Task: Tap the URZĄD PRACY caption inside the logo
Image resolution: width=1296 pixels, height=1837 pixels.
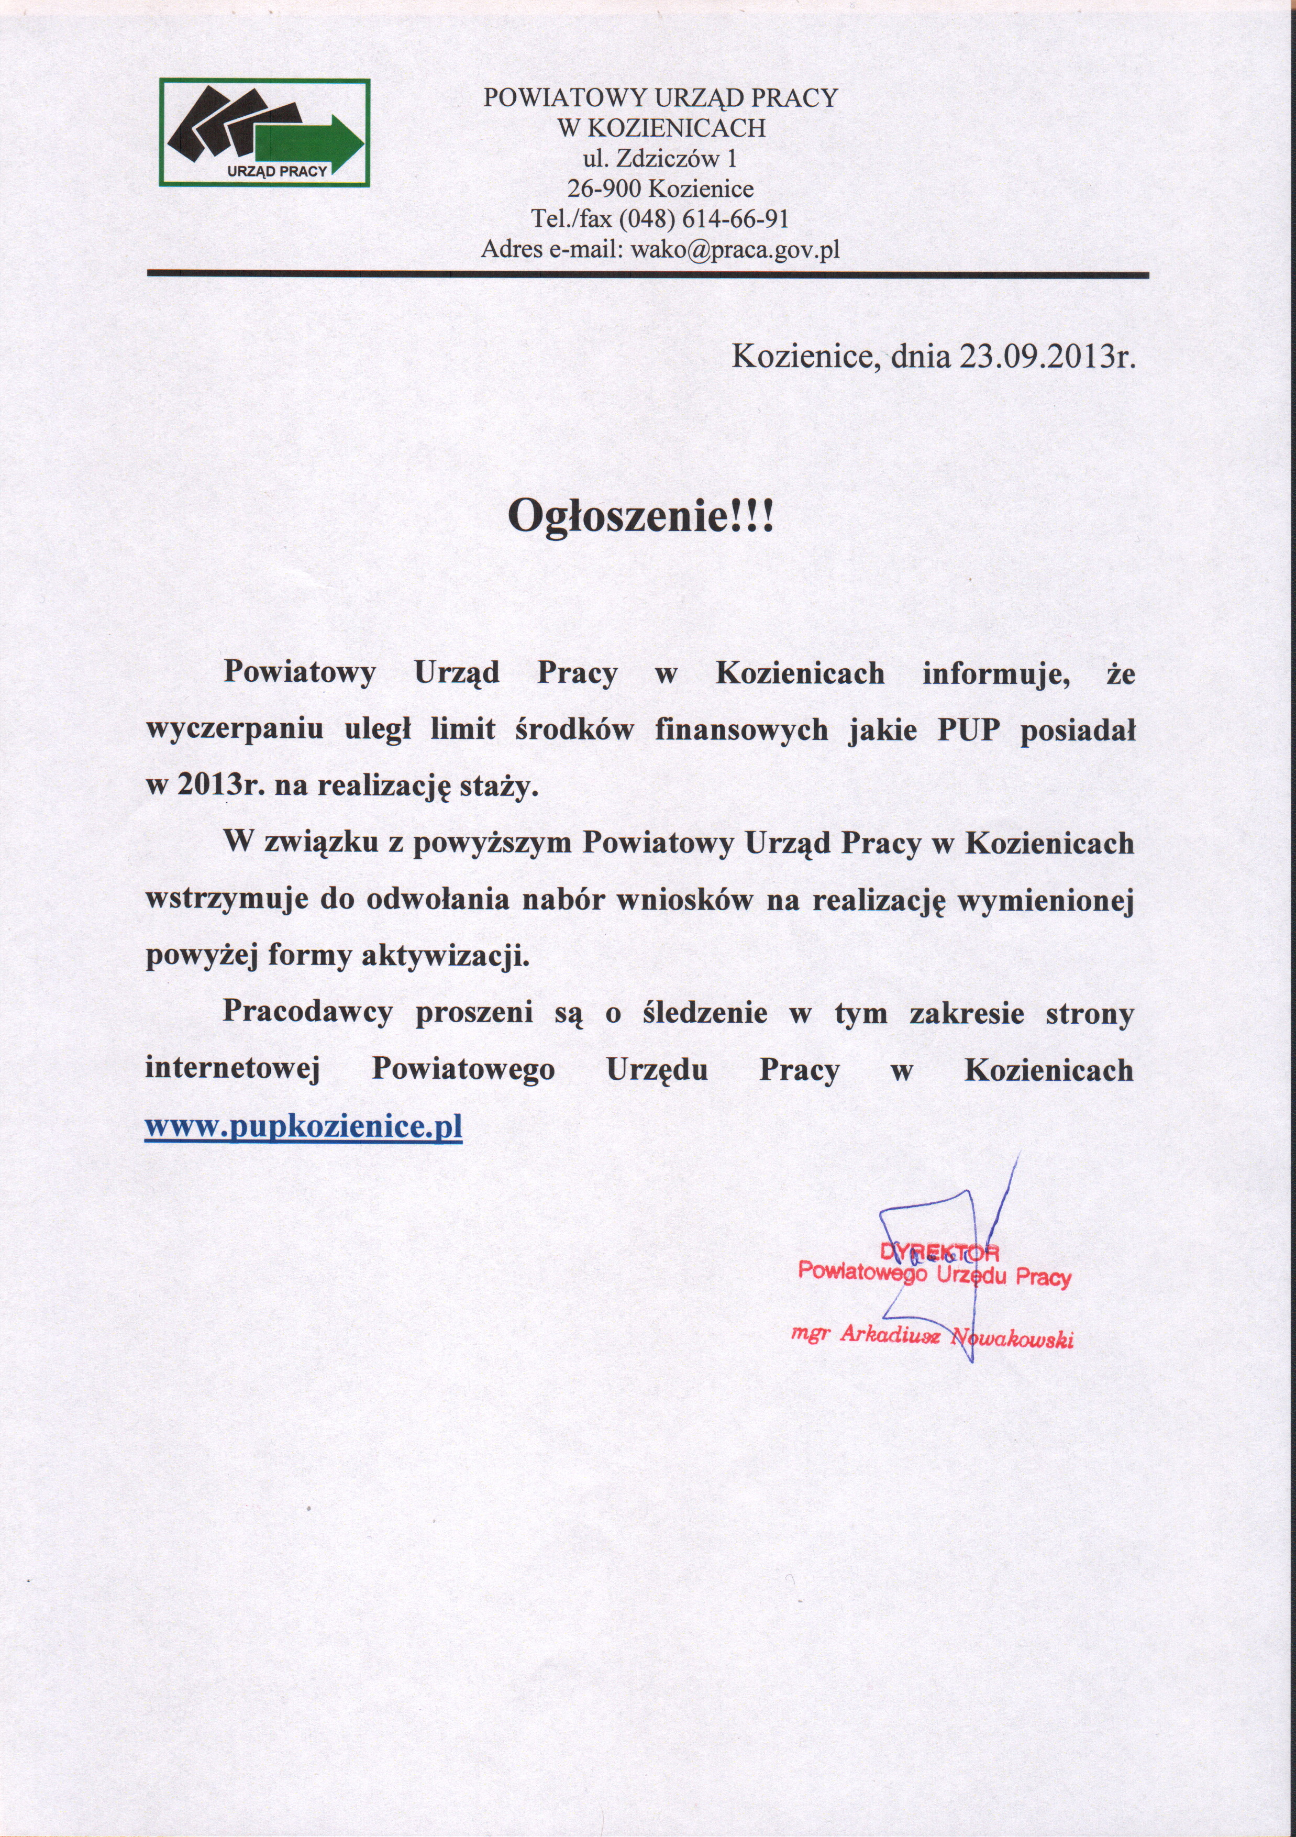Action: click(278, 171)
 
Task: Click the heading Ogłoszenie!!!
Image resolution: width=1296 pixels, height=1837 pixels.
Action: click(641, 518)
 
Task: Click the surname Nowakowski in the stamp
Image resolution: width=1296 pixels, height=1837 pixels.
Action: click(1013, 1338)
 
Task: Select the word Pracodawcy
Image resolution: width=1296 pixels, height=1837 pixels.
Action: click(308, 1013)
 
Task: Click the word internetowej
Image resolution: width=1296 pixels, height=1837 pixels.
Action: click(233, 1070)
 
